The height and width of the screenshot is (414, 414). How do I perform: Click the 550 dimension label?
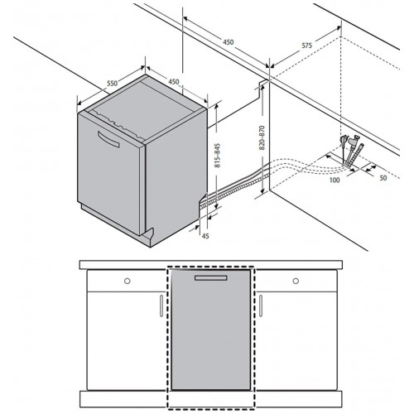click(113, 83)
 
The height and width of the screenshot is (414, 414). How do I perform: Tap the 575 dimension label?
click(306, 46)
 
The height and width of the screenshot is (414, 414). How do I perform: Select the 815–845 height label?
click(218, 156)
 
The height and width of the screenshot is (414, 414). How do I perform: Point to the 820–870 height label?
click(262, 137)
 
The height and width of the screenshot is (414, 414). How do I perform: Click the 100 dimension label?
click(335, 180)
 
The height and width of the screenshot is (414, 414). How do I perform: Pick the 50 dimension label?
click(383, 178)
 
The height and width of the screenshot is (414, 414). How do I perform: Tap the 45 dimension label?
click(205, 236)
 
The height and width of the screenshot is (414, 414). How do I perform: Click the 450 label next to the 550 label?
click(174, 81)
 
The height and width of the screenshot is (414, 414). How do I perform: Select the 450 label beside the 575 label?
click(229, 42)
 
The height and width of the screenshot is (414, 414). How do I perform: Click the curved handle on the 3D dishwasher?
click(108, 139)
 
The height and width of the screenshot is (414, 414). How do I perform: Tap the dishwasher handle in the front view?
click(211, 278)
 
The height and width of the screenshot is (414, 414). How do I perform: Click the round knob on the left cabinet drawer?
click(128, 281)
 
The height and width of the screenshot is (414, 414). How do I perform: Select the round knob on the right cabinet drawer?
click(296, 281)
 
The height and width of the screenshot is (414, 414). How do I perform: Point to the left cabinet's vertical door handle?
click(161, 306)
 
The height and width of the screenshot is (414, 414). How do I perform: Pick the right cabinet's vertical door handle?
click(261, 306)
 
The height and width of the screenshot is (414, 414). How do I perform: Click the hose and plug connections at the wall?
click(352, 151)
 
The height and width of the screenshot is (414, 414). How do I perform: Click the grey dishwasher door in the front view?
click(211, 330)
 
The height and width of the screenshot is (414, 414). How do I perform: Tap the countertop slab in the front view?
click(211, 265)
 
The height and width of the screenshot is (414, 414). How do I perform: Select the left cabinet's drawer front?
click(127, 281)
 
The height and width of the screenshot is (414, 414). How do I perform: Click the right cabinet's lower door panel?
click(296, 340)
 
